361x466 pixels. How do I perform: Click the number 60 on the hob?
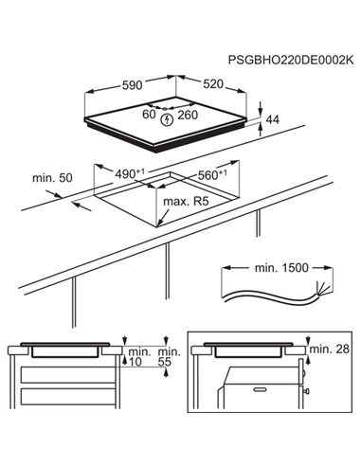coord(149,115)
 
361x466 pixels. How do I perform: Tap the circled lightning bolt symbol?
coord(168,120)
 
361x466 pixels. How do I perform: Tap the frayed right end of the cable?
coord(326,288)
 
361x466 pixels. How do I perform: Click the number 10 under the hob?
coord(137,363)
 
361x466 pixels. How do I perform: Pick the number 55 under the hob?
coord(165,363)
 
